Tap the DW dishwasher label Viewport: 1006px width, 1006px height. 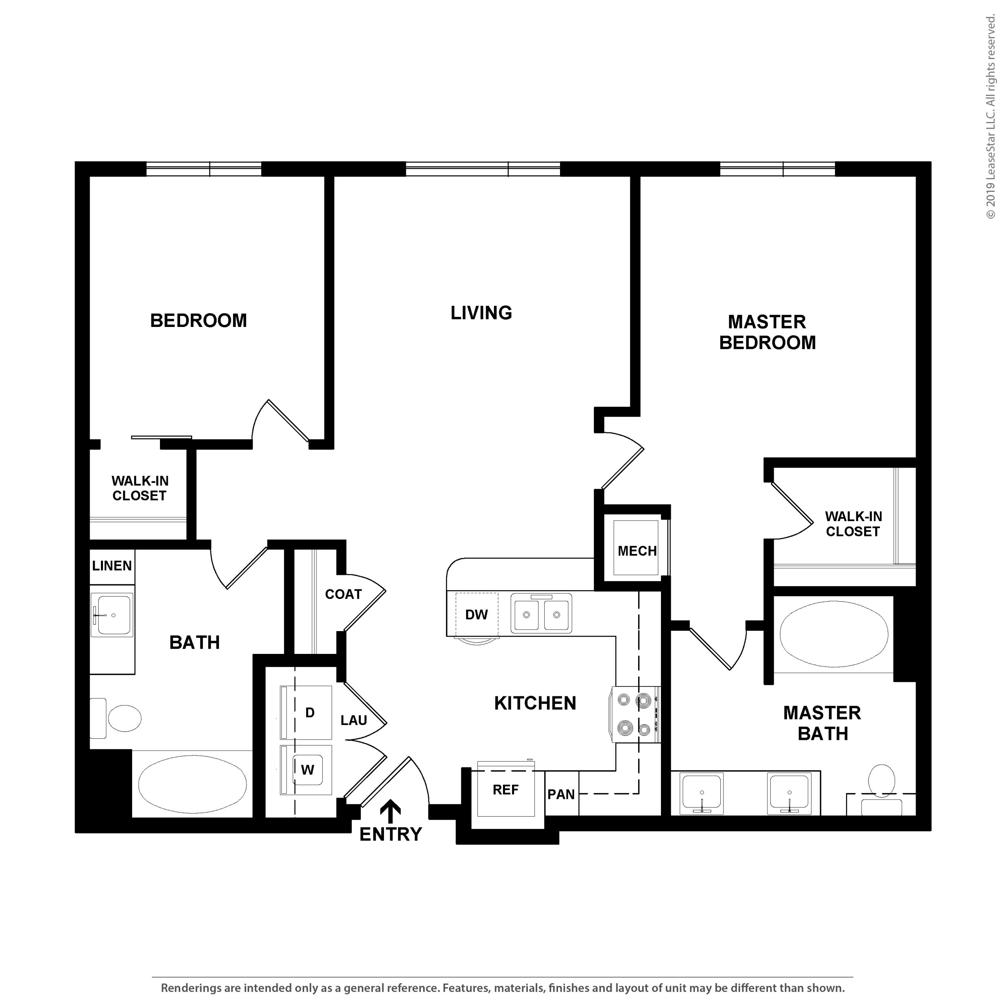pos(476,615)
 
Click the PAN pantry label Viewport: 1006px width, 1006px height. pos(561,795)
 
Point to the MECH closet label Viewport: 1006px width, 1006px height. pos(637,551)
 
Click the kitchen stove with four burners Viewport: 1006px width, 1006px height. pos(635,714)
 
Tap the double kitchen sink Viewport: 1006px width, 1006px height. pos(542,614)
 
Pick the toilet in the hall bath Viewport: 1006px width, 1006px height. pos(116,719)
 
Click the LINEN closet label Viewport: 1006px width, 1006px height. pos(112,566)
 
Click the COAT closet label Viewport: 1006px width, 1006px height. pos(343,595)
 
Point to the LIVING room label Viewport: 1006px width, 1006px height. pos(481,313)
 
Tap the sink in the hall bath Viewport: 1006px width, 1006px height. pos(112,615)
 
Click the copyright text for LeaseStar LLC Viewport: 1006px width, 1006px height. pos(990,117)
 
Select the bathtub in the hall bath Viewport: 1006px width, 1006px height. pos(193,784)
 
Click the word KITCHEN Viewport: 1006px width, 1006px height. pos(535,703)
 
